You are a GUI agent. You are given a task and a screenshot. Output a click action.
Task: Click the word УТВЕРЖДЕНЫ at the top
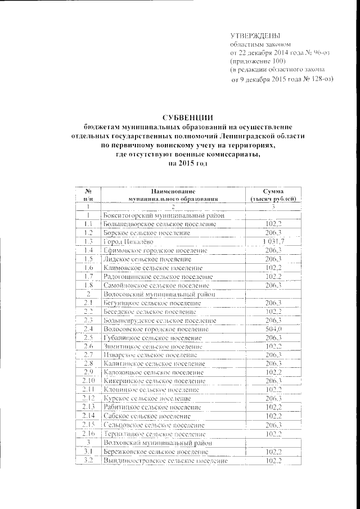tap(256, 35)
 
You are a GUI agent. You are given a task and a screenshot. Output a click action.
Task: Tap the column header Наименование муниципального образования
tap(172, 195)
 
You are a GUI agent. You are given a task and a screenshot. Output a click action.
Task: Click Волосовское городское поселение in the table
tap(158, 328)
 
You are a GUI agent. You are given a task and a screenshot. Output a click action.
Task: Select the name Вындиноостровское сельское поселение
tap(165, 461)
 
